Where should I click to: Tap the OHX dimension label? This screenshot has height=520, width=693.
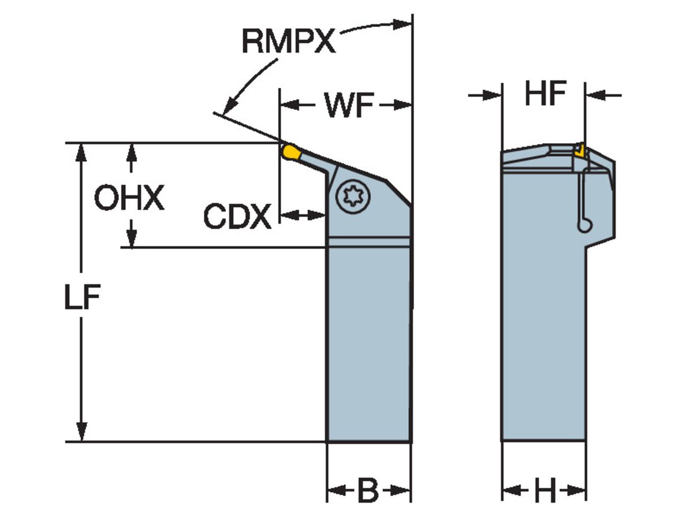click(129, 199)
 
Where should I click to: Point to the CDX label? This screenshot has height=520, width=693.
click(237, 217)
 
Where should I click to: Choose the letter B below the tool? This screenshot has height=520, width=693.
click(367, 492)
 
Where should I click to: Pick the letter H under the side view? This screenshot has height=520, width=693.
click(544, 492)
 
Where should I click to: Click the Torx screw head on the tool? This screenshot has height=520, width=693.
click(351, 197)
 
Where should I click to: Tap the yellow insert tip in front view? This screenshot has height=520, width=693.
click(290, 153)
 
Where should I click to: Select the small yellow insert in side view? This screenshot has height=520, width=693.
click(579, 151)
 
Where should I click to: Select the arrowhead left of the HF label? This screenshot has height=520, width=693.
click(493, 94)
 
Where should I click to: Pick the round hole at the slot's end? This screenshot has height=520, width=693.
click(585, 226)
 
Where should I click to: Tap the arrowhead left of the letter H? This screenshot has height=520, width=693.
click(510, 492)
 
